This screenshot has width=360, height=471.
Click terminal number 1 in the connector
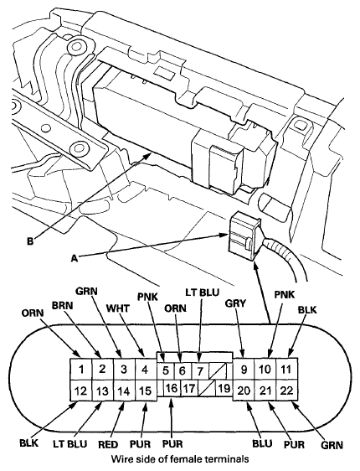[81, 369]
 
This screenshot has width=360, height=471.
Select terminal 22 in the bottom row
[287, 391]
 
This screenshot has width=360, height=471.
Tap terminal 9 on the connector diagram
[244, 369]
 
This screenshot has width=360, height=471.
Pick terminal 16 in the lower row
[172, 388]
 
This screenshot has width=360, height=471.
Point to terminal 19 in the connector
[224, 388]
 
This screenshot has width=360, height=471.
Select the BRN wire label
[63, 306]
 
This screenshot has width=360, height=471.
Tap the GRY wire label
[235, 303]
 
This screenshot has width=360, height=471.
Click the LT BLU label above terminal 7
[202, 292]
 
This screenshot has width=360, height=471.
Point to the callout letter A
[75, 257]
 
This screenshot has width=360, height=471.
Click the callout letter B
[30, 241]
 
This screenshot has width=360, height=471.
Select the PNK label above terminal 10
[285, 294]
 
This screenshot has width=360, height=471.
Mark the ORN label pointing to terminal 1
[33, 313]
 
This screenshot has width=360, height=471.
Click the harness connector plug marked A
[244, 235]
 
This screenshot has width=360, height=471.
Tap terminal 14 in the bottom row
[124, 391]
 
